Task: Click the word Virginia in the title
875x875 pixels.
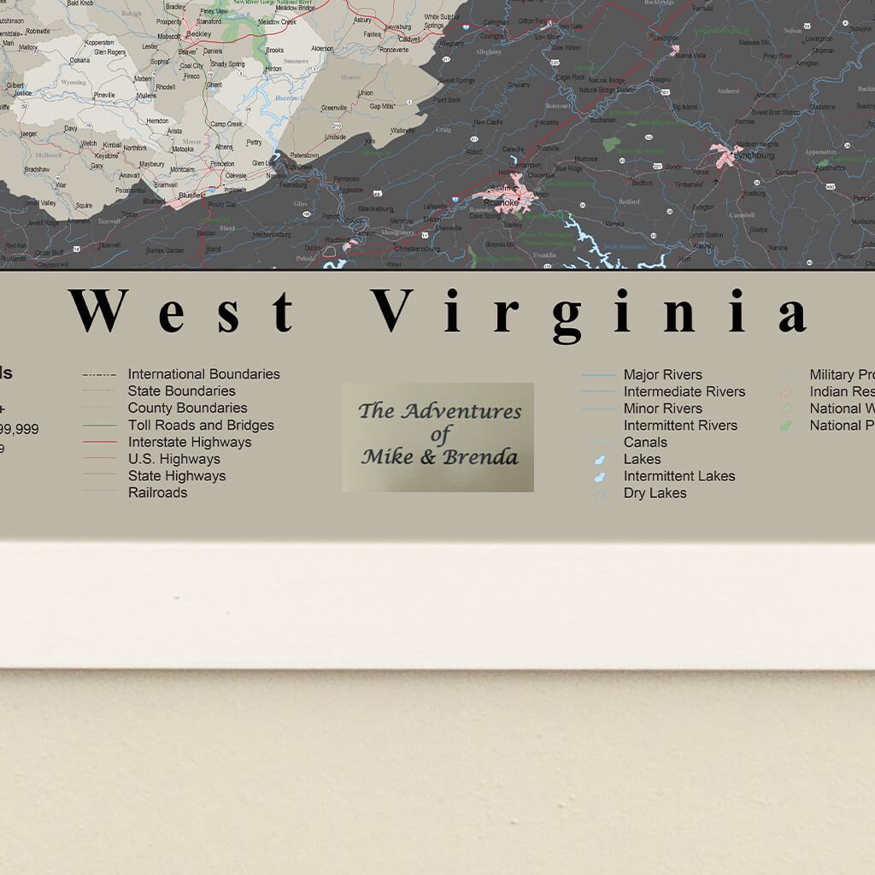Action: pos(589,313)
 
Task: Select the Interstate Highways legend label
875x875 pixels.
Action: pos(190,442)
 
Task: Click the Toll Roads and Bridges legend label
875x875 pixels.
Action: pos(201,425)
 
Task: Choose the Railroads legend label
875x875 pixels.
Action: pos(157,492)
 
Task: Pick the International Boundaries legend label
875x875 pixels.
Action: pos(203,373)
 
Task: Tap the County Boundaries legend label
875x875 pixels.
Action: pos(187,408)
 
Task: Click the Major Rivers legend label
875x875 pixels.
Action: pos(662,374)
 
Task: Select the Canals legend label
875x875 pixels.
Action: pos(645,442)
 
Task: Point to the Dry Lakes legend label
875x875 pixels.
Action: pos(655,492)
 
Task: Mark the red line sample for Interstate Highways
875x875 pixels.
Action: pos(99,443)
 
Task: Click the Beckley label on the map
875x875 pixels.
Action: pos(198,34)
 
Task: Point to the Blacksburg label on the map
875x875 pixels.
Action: pos(375,208)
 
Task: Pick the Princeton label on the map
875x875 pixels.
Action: pos(222,163)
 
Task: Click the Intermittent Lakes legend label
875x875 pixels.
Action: pos(678,476)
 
